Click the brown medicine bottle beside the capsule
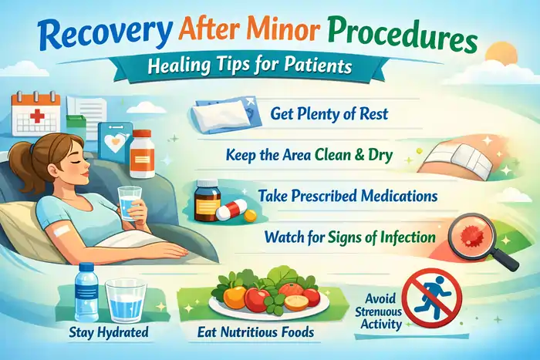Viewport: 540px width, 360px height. point(206,199)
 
